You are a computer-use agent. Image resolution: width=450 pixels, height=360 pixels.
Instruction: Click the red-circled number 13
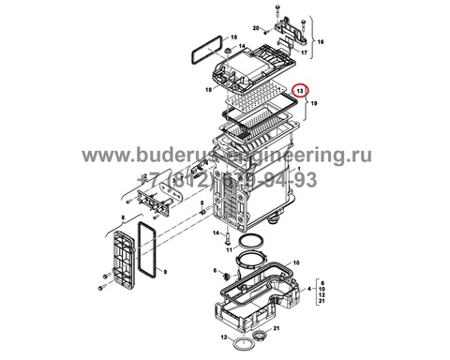[x=300, y=91]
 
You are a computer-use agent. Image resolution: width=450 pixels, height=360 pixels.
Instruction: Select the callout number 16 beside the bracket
[x=320, y=42]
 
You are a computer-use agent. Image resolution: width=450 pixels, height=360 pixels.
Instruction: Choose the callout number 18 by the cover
[x=208, y=90]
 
